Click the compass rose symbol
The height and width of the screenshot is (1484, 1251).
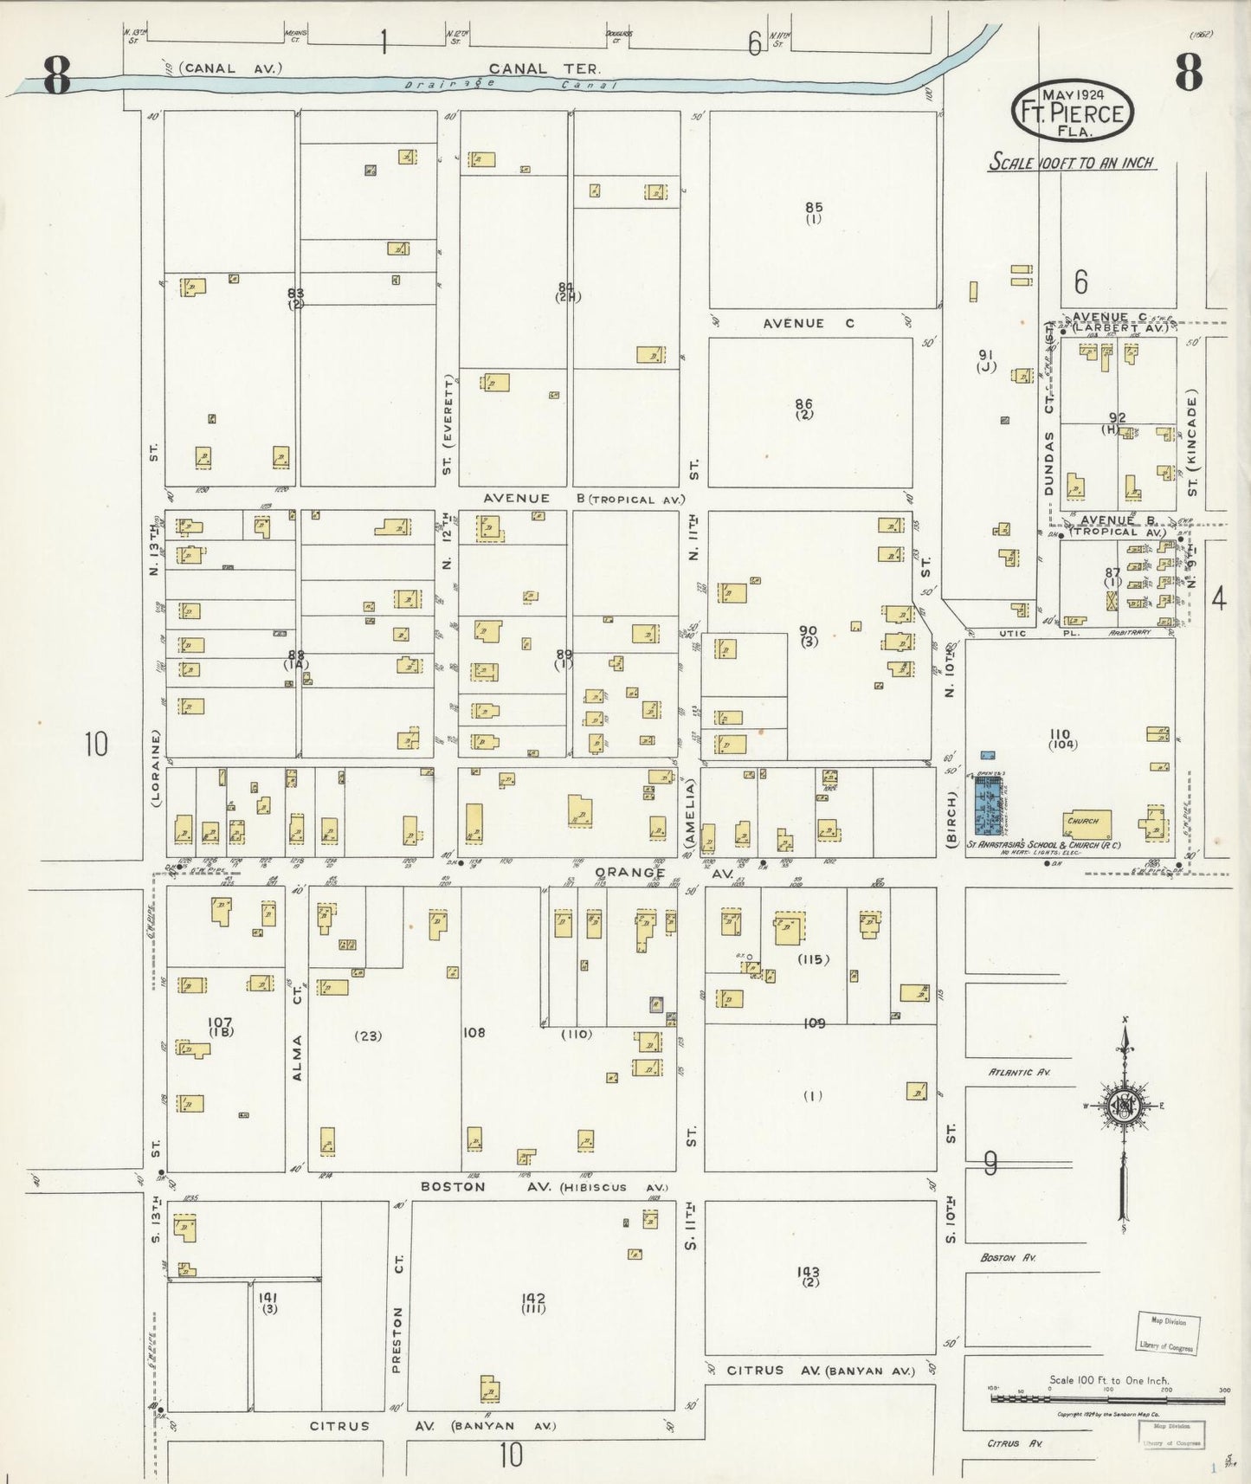pos(1124,1107)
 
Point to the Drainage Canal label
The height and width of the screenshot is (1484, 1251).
pos(511,84)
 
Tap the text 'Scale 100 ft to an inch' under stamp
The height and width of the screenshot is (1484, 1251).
pos(1072,163)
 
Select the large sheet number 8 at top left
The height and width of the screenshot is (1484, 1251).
pos(56,75)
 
